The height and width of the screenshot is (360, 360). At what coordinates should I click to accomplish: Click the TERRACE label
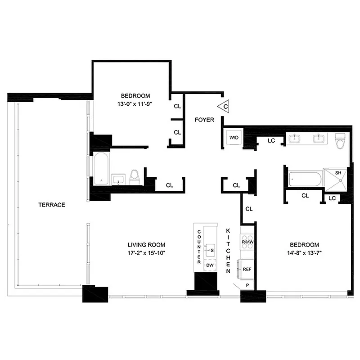tap(51, 205)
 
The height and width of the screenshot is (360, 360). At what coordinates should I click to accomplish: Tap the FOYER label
tap(204, 120)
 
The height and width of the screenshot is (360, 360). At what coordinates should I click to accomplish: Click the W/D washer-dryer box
tap(234, 137)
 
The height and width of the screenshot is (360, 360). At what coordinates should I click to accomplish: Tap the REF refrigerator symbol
tap(247, 269)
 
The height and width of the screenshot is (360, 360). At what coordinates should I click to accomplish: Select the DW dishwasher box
tap(209, 265)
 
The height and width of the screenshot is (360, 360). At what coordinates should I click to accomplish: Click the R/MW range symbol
tap(247, 242)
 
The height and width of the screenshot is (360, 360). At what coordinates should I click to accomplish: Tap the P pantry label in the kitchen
tap(247, 286)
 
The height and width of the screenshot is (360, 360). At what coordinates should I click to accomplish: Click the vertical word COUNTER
tap(199, 246)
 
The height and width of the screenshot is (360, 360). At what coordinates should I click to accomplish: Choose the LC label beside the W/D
tap(271, 141)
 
